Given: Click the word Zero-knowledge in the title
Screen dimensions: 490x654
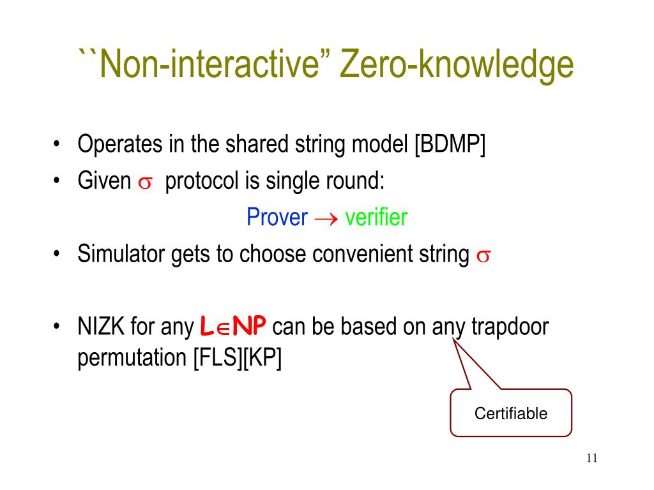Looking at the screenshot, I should coord(457,66).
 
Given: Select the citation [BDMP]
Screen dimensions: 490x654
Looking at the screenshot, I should coord(450,145).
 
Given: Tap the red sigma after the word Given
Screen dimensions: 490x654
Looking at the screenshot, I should coord(144,182).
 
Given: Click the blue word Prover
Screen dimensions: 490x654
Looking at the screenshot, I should coord(277,218).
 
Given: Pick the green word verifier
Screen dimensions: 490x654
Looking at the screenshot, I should coord(376,218).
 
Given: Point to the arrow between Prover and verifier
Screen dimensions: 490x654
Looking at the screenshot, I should coord(326,219).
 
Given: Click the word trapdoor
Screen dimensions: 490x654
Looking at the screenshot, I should coord(509,328).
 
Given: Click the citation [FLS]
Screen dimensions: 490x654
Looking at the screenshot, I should coord(217,359).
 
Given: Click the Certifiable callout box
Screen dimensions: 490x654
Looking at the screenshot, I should coord(510,413).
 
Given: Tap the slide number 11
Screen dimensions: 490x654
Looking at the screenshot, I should coord(590,458).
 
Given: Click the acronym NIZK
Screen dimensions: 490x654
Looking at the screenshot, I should coord(100,328).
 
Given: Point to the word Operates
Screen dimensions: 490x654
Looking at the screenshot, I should coord(119,145).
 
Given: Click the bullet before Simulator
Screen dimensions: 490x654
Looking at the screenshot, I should coord(57,255).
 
